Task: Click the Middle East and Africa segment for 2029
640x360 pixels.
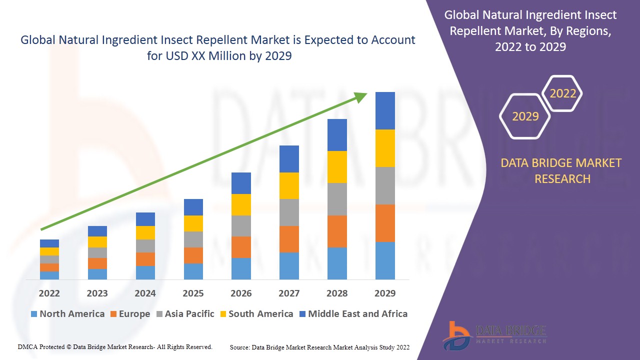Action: (385, 110)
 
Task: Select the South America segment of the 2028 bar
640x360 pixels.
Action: (337, 167)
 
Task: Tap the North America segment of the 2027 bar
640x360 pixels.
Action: (289, 265)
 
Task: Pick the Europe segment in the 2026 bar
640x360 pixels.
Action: (241, 247)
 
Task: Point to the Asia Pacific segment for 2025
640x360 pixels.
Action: (193, 239)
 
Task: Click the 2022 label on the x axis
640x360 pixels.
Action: (49, 293)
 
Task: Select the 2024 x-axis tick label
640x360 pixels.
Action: (145, 293)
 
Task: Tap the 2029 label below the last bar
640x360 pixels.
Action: (385, 293)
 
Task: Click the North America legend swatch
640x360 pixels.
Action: (34, 314)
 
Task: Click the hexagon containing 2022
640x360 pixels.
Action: (562, 93)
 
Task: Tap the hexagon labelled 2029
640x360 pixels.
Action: (525, 116)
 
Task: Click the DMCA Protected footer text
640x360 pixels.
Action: (115, 346)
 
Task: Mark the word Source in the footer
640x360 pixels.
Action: (239, 347)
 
